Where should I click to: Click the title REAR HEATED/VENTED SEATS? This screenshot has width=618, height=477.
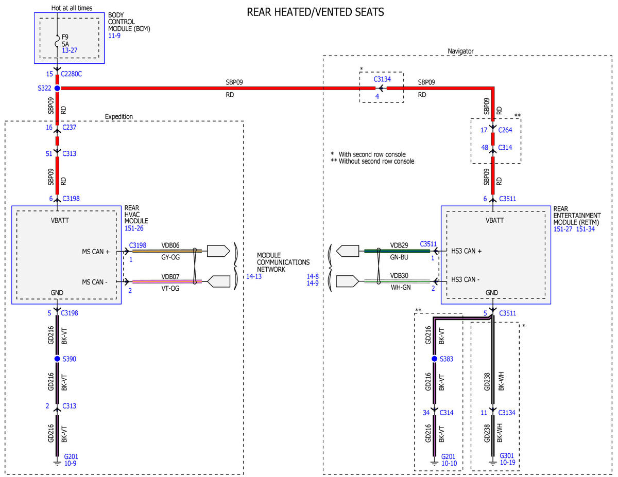(x=315, y=12)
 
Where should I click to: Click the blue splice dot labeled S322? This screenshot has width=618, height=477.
(x=57, y=89)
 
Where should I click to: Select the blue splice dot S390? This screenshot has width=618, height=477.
(x=57, y=359)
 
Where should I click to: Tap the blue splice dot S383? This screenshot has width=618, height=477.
(x=434, y=359)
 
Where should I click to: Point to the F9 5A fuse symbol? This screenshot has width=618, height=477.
(x=57, y=41)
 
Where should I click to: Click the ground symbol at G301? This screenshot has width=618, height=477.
(x=493, y=463)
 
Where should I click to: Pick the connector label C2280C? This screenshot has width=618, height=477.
(x=71, y=74)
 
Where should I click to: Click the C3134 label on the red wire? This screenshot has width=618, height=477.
(x=382, y=79)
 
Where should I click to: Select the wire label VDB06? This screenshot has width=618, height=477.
(x=170, y=245)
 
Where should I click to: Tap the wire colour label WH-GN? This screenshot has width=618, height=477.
(x=401, y=287)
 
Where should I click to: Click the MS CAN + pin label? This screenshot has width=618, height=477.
(x=96, y=252)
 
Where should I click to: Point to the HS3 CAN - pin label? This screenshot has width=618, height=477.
(x=465, y=279)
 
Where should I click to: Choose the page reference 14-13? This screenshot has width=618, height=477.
(x=254, y=276)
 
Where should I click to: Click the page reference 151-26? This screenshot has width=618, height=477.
(x=134, y=228)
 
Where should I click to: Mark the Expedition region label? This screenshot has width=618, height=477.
(x=119, y=116)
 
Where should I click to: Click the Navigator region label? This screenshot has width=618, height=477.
(x=460, y=51)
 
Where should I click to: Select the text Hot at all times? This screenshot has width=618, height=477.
(x=72, y=8)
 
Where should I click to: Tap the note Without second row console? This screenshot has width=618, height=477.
(x=376, y=161)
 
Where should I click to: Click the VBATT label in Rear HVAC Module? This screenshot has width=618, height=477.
(x=60, y=220)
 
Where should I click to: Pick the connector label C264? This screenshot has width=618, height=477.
(x=505, y=130)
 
